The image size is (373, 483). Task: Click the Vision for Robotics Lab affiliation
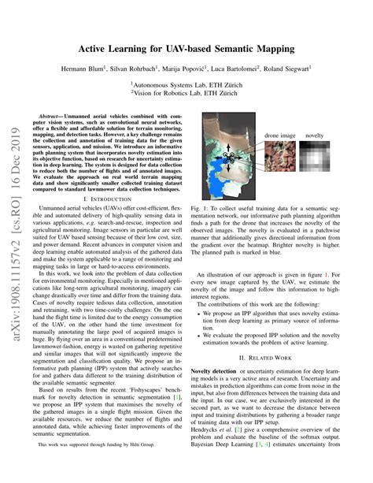tap(186, 93)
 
